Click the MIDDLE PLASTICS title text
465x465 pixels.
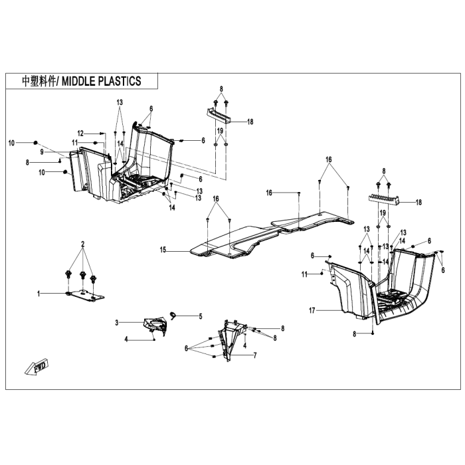[x=101, y=81]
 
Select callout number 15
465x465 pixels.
[x=163, y=250]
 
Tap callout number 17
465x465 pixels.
[x=312, y=310]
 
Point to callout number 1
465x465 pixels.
[x=39, y=294]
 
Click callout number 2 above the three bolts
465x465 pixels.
[x=83, y=244]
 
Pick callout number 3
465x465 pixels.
[x=117, y=322]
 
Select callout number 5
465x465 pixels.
[x=201, y=316]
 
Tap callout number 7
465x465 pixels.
[x=255, y=355]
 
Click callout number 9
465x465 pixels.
[x=42, y=152]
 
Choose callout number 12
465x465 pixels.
[x=80, y=134]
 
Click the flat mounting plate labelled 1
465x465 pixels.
[x=85, y=296]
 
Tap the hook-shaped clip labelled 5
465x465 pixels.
[x=173, y=316]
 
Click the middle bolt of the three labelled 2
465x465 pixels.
[x=82, y=276]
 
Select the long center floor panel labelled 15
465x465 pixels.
[x=271, y=234]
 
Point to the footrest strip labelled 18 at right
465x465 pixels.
[x=384, y=200]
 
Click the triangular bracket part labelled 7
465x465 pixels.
[x=231, y=340]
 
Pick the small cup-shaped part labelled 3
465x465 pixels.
[x=155, y=325]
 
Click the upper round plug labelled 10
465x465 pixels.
[x=36, y=143]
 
